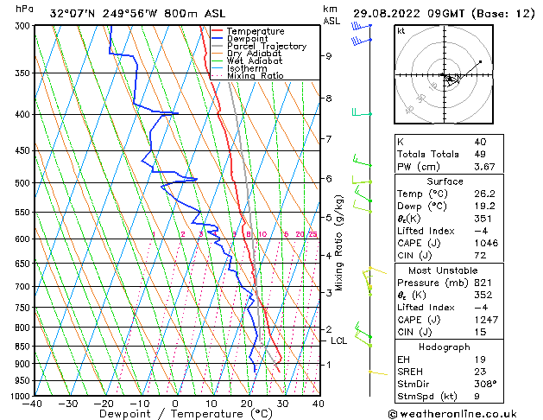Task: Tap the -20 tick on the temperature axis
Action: click(x=104, y=404)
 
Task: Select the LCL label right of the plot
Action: click(x=339, y=340)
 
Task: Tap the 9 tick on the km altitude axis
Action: click(x=329, y=56)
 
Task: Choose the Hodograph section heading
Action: click(x=445, y=347)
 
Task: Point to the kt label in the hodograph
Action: click(x=401, y=30)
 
